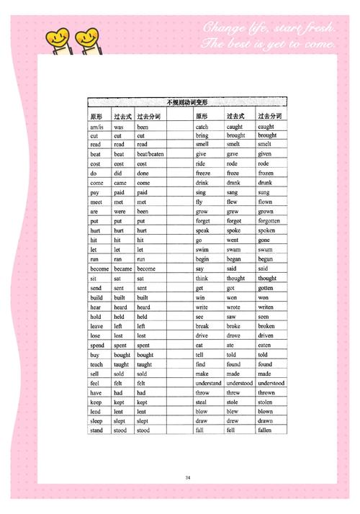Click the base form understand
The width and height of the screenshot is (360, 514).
[x=208, y=383]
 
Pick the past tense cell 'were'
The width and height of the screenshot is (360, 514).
[x=120, y=212]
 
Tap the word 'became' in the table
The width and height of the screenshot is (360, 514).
[x=122, y=269]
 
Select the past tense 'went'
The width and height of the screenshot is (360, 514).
[x=233, y=240]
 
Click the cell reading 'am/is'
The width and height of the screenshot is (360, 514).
[x=96, y=126]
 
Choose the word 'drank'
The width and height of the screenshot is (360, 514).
[x=234, y=183]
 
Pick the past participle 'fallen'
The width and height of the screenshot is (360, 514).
[x=264, y=430]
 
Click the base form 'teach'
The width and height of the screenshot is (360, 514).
[x=96, y=364]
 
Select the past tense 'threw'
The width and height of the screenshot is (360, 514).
[x=233, y=392]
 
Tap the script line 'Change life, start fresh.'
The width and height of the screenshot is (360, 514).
[x=268, y=27]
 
